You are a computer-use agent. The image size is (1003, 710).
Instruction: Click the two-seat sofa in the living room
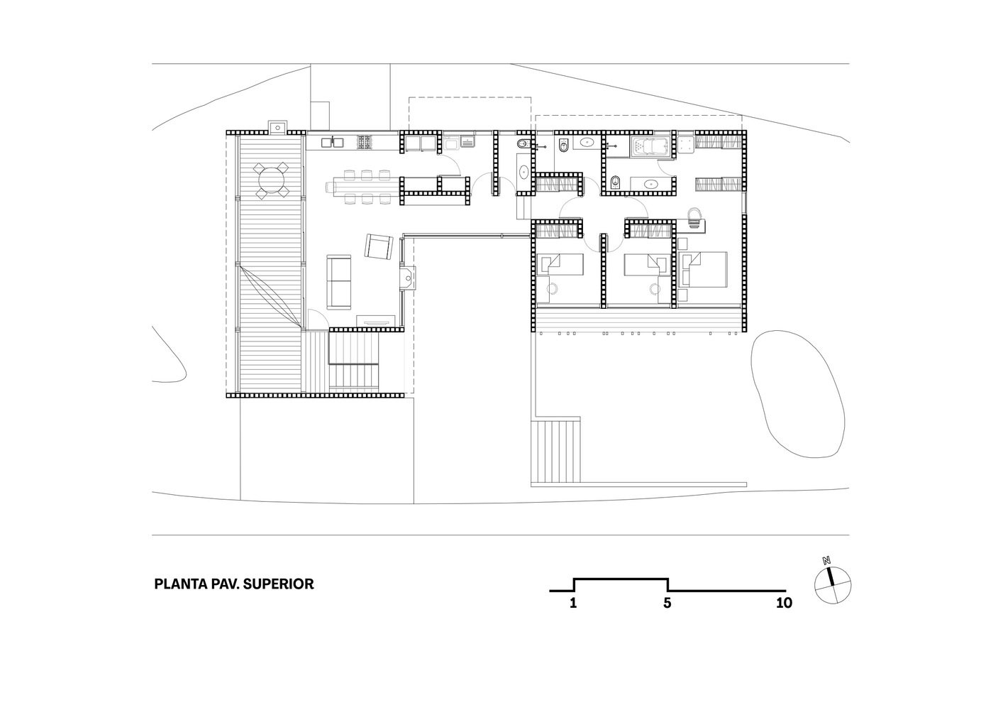[x=338, y=282]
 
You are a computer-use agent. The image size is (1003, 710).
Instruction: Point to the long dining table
[x=362, y=187]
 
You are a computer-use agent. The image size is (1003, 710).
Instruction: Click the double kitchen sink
[x=331, y=143]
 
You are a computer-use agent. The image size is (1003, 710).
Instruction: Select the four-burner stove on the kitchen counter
[x=365, y=143]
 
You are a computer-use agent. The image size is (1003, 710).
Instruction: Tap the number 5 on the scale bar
[x=667, y=603]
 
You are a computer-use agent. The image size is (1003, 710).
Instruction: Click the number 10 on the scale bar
[x=783, y=603]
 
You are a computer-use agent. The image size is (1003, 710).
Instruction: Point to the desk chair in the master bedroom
[x=694, y=214]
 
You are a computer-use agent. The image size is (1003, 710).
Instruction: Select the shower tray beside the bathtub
[x=686, y=145]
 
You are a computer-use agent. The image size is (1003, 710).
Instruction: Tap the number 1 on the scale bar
[x=572, y=603]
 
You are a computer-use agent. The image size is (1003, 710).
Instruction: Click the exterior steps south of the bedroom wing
[x=557, y=451]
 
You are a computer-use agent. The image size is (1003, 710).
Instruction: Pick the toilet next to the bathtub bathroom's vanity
[x=614, y=184]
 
